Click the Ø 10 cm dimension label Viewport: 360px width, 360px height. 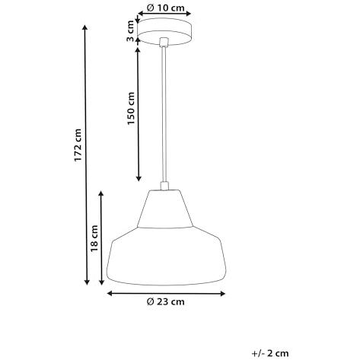(x=165, y=8)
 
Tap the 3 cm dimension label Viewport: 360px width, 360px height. (x=130, y=30)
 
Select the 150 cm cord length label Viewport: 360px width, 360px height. (x=131, y=108)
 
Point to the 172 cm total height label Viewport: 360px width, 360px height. (x=78, y=145)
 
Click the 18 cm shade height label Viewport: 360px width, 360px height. (x=94, y=238)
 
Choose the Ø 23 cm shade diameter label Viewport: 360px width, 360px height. (x=166, y=301)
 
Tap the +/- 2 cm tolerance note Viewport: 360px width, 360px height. (x=270, y=353)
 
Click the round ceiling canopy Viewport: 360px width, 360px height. (x=164, y=31)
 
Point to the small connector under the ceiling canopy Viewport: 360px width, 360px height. (x=164, y=42)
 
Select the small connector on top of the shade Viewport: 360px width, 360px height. (x=164, y=186)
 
